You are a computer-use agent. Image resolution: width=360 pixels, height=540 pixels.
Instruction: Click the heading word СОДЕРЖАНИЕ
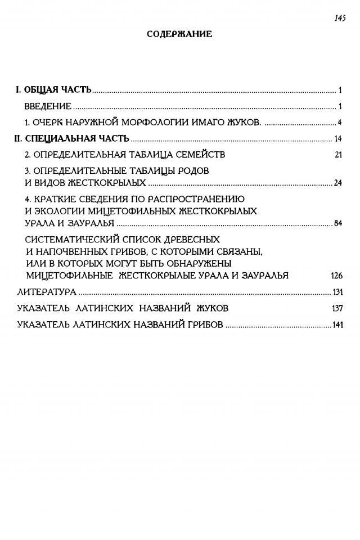pos(179,34)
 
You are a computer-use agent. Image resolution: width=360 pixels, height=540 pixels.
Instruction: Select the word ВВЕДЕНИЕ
pos(48,106)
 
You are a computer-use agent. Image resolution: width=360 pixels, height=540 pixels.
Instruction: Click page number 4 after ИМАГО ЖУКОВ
pos(340,123)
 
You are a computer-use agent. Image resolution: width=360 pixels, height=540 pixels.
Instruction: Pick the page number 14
pos(338,139)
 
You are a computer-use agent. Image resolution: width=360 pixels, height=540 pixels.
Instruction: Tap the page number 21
pos(338,155)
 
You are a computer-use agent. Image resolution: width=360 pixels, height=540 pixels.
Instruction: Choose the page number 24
pos(338,183)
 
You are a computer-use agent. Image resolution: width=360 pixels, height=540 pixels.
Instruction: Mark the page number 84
pos(338,223)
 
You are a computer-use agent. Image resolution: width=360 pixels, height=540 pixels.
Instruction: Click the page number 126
pos(336,276)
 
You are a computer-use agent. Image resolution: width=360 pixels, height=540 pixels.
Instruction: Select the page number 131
pos(337,292)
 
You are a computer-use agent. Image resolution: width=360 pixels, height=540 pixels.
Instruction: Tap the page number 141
pos(337,325)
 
